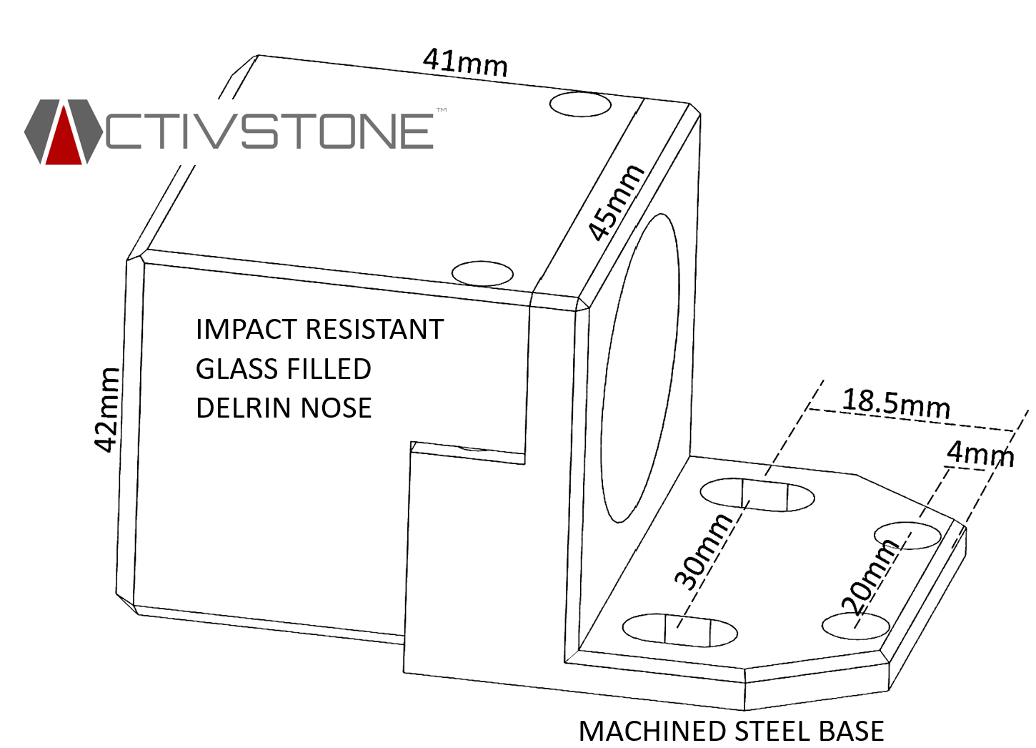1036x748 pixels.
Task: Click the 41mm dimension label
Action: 465,62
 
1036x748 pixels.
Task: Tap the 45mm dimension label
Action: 615,202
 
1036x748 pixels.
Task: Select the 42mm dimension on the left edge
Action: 107,410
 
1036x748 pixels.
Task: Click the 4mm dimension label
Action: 980,453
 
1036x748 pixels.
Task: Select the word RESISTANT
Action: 375,330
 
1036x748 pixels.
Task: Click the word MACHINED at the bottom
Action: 653,732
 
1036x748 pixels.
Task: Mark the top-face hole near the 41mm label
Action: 580,104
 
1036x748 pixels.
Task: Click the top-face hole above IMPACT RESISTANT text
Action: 483,273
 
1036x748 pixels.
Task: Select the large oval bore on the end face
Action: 639,368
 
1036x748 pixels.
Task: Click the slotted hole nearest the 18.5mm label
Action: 757,495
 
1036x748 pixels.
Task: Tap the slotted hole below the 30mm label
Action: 679,629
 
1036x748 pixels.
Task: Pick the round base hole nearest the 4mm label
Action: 907,535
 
